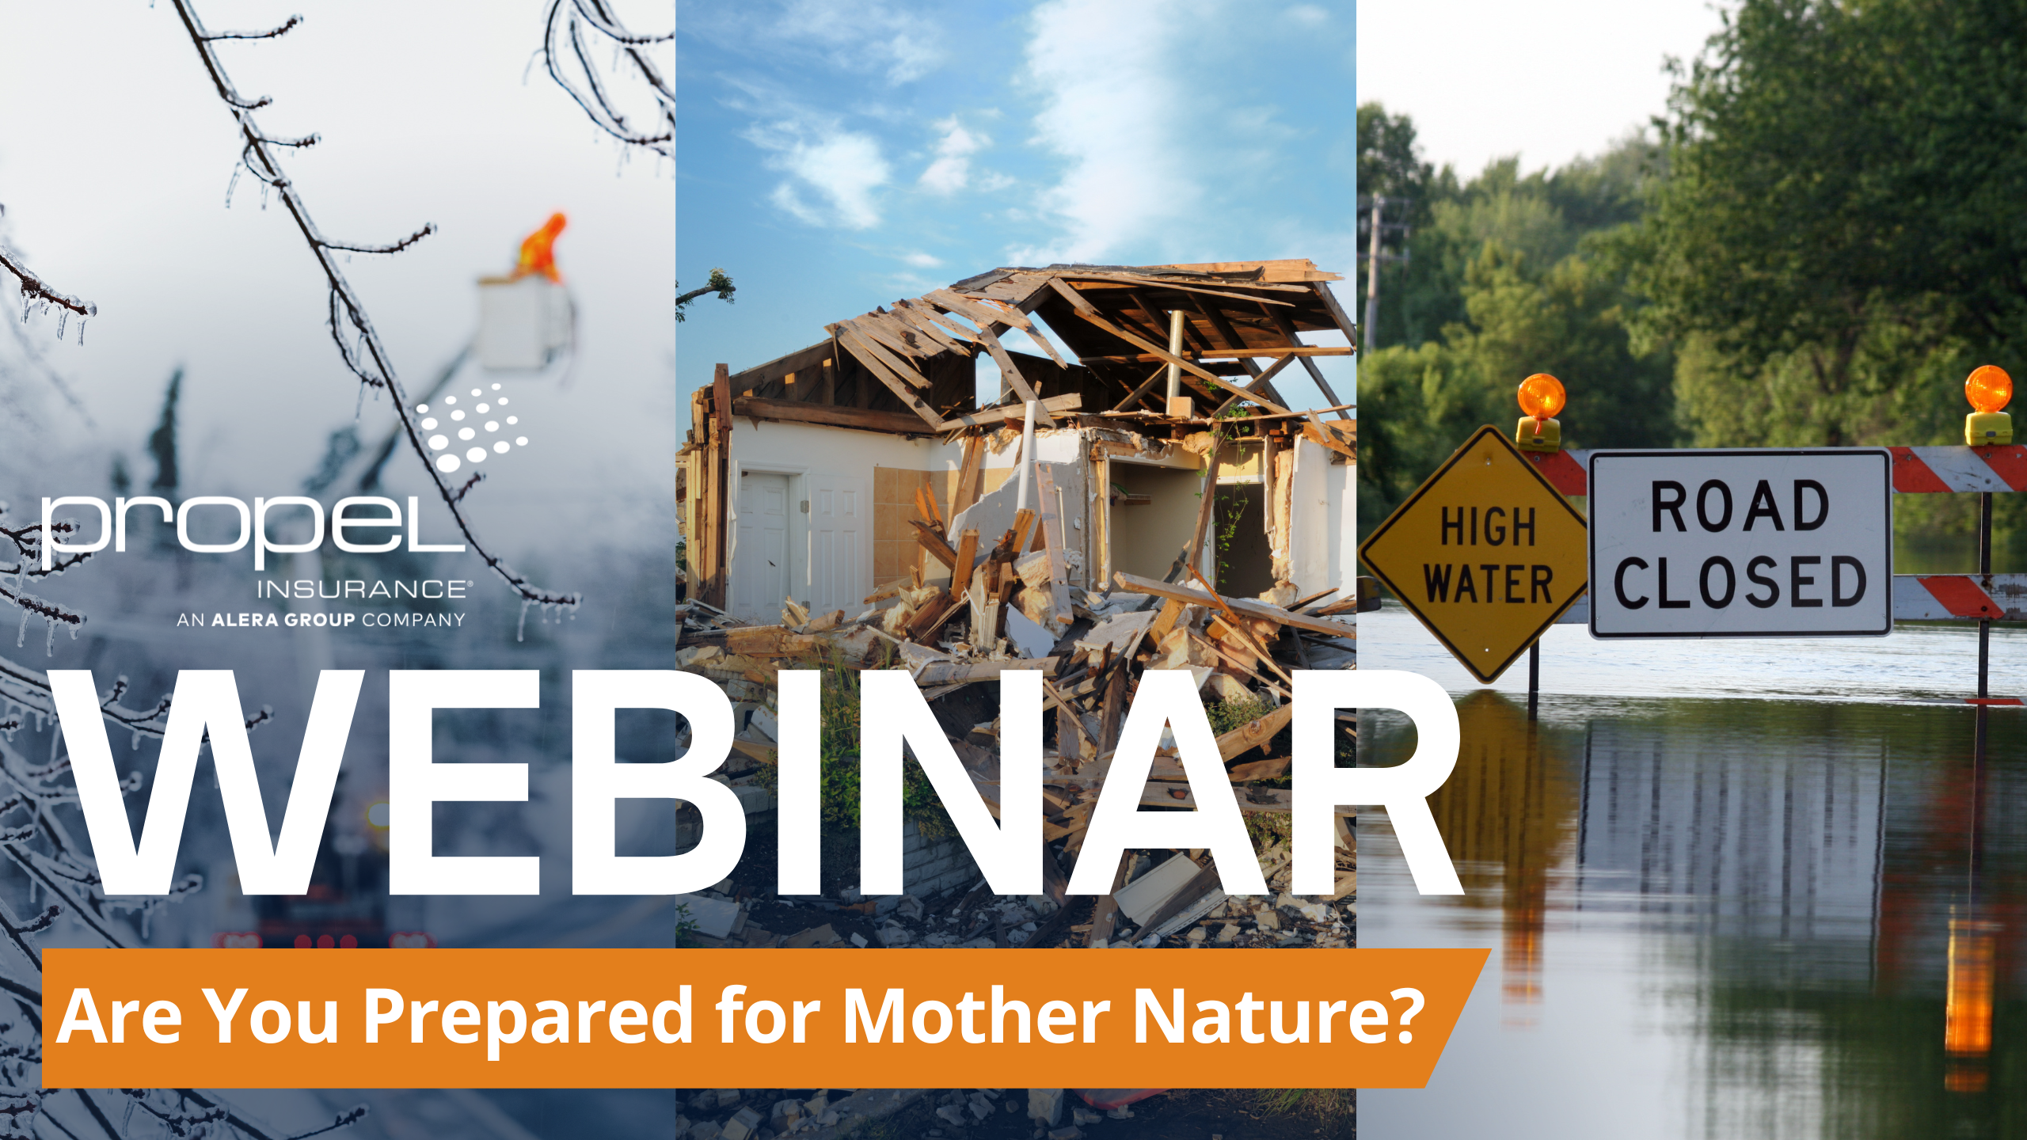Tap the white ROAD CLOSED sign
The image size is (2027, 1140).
[x=1740, y=543]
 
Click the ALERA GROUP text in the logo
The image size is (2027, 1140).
[x=283, y=620]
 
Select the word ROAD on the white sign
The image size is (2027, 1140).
[x=1740, y=507]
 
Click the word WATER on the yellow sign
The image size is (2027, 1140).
[x=1489, y=583]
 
